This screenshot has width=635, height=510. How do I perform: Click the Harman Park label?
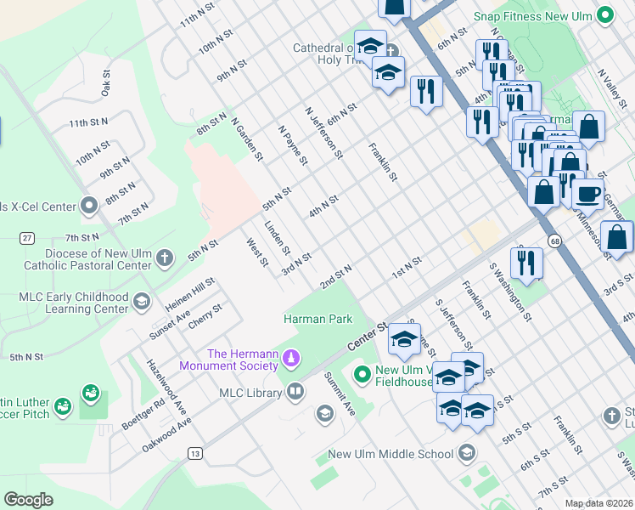pos(317,319)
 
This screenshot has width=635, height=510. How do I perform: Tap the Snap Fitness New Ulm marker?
pos(604,14)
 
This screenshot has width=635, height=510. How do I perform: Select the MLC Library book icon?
pos(295,392)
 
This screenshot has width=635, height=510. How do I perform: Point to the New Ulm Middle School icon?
pos(465,454)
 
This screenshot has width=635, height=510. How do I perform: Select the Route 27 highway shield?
pos(28,238)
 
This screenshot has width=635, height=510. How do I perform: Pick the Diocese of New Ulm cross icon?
pos(165,257)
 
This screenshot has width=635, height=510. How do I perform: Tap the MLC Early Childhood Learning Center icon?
pos(141,300)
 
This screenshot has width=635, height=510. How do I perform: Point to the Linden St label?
pos(278,239)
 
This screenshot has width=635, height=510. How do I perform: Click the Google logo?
pos(29,500)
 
